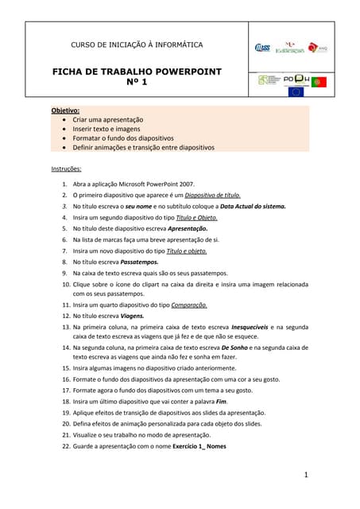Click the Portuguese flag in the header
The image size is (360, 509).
click(x=319, y=82)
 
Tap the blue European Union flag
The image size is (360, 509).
click(x=296, y=92)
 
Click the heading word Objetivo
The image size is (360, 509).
click(x=66, y=110)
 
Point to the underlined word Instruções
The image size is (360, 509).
click(x=67, y=169)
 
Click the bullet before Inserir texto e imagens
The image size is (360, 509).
click(x=64, y=128)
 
